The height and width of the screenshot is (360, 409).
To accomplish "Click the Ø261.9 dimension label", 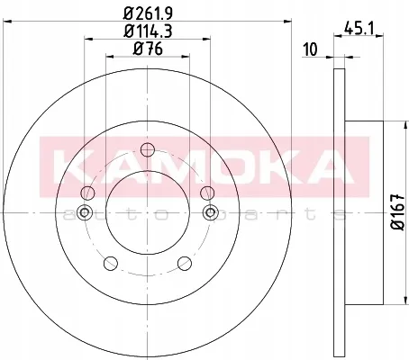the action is [148, 13].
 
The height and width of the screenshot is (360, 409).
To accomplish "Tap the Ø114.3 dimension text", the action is [148, 31].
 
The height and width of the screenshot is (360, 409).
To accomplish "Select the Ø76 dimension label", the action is [148, 49].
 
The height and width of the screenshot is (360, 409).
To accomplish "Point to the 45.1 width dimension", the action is [359, 29].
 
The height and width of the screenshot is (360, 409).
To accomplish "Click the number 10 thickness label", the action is [310, 49].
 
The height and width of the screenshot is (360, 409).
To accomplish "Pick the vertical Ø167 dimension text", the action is [399, 212].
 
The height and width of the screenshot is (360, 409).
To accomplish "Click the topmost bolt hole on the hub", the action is [148, 149].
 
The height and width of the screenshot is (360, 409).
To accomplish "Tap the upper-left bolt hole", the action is [88, 193].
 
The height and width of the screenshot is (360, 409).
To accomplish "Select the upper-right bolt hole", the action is [207, 193].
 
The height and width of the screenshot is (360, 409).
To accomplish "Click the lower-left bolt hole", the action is [111, 263].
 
